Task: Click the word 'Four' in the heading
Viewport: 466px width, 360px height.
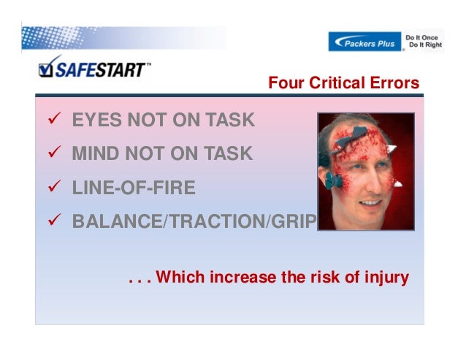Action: tap(284, 83)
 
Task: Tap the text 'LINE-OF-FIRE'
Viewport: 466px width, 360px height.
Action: tap(134, 188)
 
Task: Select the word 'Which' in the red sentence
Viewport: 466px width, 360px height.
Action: tap(177, 277)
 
